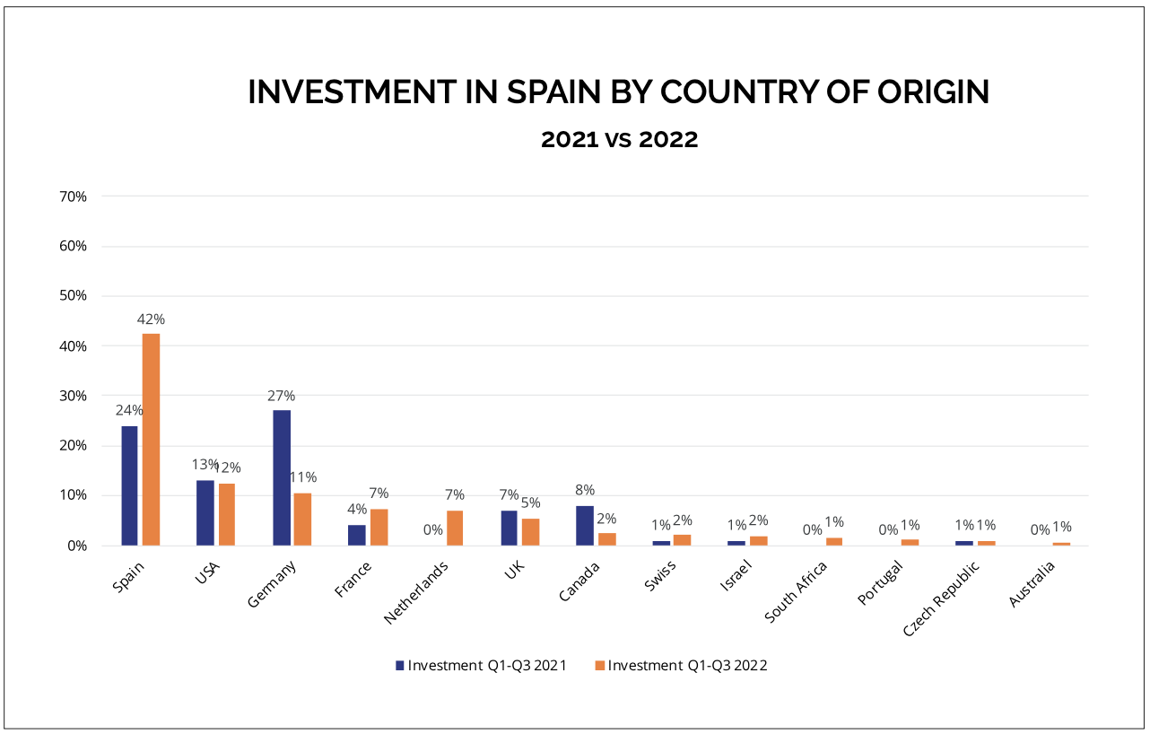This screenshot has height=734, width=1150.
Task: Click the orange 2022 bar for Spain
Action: (151, 440)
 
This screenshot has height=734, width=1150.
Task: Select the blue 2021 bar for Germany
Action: (282, 477)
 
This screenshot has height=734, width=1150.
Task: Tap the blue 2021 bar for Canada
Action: (585, 526)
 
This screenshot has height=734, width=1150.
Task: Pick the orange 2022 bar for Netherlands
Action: (455, 528)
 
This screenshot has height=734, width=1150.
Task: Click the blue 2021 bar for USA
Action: (205, 512)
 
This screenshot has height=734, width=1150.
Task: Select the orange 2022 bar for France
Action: (379, 528)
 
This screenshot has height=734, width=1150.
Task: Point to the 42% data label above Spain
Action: (151, 319)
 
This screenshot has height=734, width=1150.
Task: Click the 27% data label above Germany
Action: (281, 396)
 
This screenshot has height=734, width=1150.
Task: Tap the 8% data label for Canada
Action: (585, 490)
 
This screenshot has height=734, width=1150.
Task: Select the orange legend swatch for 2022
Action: (600, 666)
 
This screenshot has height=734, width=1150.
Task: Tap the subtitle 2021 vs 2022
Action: (619, 140)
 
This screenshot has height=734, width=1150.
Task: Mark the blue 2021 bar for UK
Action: (509, 528)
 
